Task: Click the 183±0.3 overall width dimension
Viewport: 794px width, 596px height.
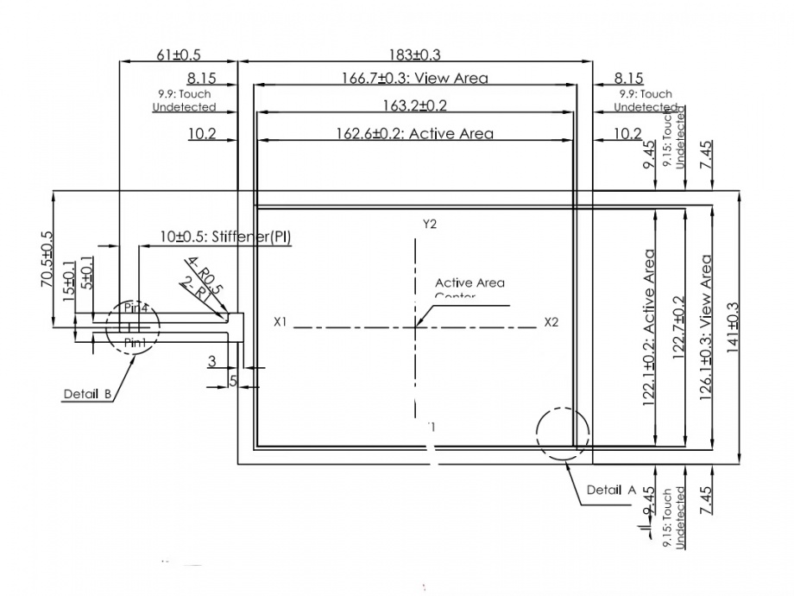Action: coord(414,54)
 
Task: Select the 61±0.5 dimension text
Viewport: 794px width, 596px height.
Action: coord(178,54)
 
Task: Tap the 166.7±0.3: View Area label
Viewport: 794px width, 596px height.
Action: coord(414,79)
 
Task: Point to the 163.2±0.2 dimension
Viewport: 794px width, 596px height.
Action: coord(414,106)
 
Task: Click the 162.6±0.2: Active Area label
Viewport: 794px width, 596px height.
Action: coord(414,134)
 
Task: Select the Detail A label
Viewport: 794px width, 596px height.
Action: coord(611,490)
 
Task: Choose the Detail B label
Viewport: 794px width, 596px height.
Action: coord(88,394)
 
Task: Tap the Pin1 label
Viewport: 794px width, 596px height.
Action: coord(136,344)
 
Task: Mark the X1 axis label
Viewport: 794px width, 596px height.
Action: coord(280,322)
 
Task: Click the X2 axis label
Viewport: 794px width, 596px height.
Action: coord(551,322)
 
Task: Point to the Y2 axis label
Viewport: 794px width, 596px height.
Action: coord(430,224)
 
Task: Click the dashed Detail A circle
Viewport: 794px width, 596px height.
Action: coord(562,432)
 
